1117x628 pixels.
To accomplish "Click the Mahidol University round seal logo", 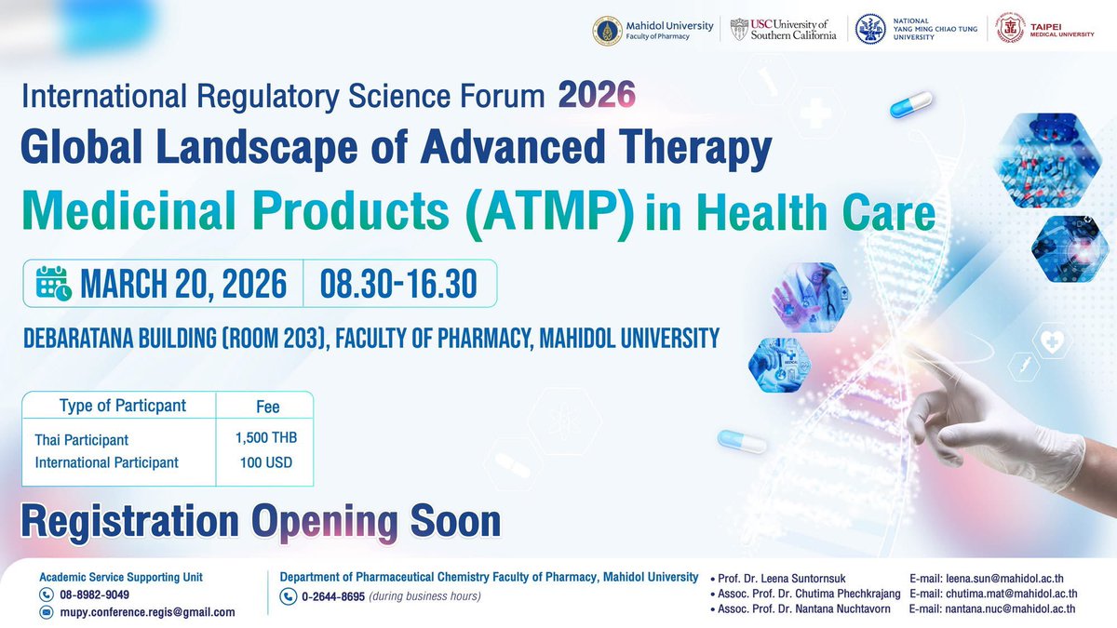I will click(608, 30).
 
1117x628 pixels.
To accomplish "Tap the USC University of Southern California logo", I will click(784, 30).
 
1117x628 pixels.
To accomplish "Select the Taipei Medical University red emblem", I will click(1011, 28).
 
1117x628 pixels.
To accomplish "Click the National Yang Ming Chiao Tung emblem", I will click(869, 29).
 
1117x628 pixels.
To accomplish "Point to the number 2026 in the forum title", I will click(597, 94).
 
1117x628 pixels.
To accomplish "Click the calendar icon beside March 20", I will click(53, 283).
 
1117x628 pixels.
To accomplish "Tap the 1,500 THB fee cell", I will click(266, 437).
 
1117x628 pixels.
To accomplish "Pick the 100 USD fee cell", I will click(265, 461).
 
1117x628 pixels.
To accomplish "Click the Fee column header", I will click(267, 407).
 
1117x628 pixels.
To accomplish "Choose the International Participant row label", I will click(106, 462).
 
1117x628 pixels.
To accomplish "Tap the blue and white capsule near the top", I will click(910, 104).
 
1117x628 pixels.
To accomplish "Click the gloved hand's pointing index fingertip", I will click(918, 359).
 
